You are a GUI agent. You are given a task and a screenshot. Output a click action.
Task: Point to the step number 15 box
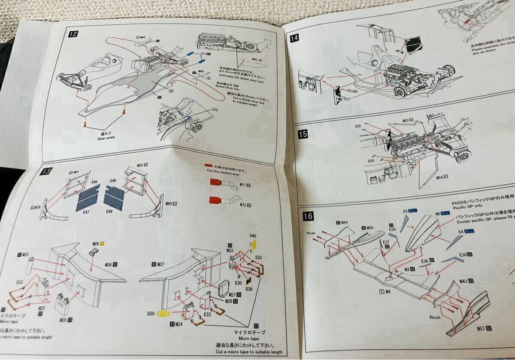coord(303,134)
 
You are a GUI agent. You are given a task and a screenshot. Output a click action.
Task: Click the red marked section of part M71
coord(216,182)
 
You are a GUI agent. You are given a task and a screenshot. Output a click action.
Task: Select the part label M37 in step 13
coord(160,264)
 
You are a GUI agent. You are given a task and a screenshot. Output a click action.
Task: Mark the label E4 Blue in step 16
coord(466,232)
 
